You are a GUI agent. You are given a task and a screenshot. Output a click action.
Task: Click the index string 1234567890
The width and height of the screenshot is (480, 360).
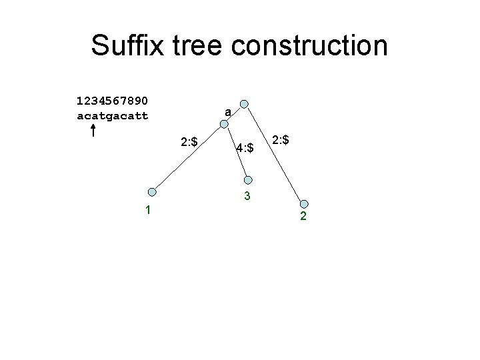point(113,101)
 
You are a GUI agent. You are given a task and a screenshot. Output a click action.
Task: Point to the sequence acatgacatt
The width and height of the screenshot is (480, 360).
point(113,116)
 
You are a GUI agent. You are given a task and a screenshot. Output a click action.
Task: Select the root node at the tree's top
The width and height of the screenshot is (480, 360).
point(245,104)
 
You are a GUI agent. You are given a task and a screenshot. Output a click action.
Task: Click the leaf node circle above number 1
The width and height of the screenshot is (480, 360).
point(152,191)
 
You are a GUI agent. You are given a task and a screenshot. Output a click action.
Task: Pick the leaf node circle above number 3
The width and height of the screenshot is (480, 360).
point(249,179)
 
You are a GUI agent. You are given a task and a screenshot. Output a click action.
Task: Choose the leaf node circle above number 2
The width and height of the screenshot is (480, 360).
point(304,204)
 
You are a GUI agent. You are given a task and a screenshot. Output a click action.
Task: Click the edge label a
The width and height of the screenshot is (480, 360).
point(228,113)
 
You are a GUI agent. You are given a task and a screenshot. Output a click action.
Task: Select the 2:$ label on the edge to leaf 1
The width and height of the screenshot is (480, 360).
point(189,141)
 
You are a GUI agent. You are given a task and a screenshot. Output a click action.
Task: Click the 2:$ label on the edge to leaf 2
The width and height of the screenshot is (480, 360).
point(283,140)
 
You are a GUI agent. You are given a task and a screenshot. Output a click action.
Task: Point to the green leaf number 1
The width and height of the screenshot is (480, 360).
point(148,211)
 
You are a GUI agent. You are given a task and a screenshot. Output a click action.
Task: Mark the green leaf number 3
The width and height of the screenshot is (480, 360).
point(247,197)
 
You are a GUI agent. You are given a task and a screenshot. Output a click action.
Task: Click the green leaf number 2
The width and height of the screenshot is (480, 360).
point(303,217)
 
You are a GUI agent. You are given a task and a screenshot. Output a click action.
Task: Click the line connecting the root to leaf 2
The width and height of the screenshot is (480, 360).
point(275,155)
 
